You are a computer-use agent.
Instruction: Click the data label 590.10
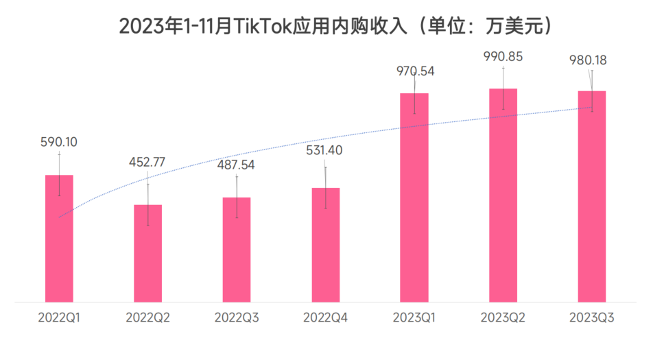tap(59, 143)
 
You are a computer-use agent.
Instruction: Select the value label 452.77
tap(147, 163)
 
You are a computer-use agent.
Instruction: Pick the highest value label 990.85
tap(503, 57)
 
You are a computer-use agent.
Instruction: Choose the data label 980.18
tap(589, 60)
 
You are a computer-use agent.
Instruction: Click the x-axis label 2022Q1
tap(59, 319)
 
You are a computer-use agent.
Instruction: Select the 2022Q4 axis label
tap(326, 319)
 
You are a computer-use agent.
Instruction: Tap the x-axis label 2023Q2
tap(503, 319)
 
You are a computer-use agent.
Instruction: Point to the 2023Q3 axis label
tap(591, 319)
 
